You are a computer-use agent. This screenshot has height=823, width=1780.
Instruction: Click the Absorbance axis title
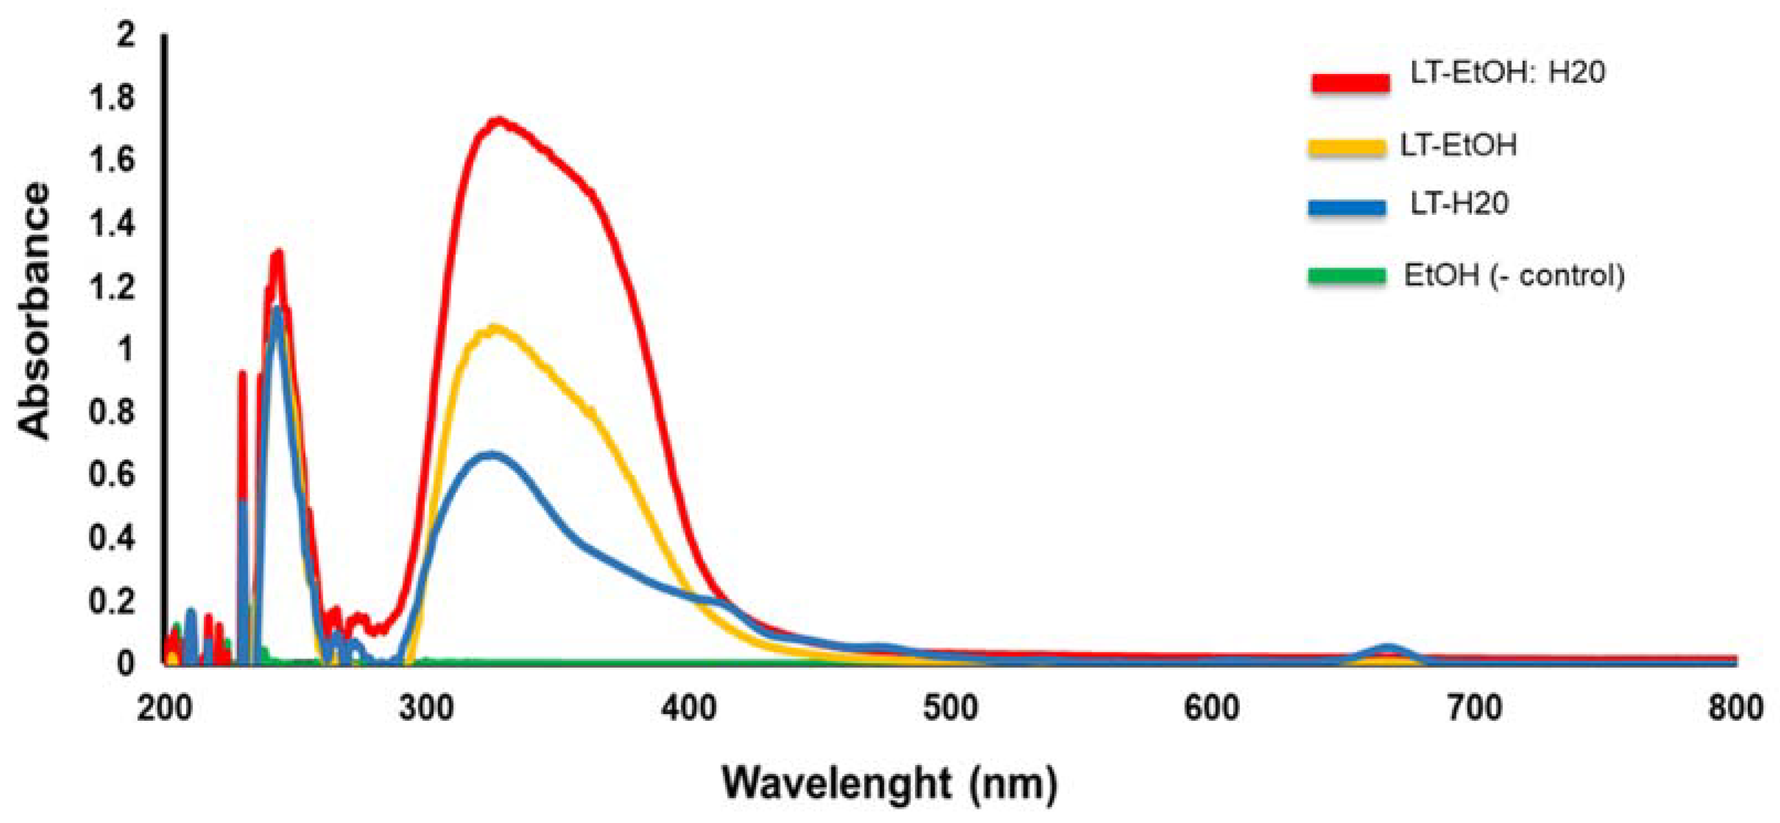(x=35, y=311)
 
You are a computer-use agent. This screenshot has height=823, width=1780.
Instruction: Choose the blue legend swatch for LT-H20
(x=1346, y=207)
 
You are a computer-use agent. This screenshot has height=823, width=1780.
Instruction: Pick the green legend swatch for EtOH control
(x=1346, y=276)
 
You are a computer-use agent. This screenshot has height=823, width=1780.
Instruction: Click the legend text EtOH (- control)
(x=1513, y=276)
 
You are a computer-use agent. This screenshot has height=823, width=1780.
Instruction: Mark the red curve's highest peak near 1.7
(x=497, y=122)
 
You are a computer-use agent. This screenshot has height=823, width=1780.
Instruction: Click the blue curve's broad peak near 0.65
(x=491, y=455)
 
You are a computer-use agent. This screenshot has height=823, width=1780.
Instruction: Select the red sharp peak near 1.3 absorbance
(x=278, y=254)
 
